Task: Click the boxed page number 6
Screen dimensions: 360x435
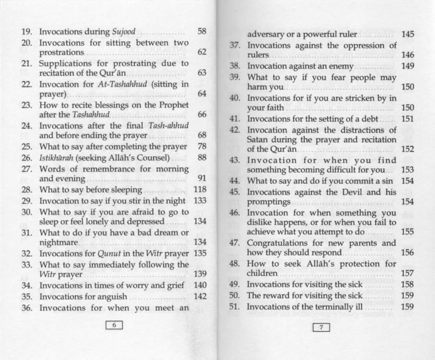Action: [x=114, y=325]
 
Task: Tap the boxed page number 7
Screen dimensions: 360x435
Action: [x=322, y=327]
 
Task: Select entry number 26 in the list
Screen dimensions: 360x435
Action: [x=26, y=158]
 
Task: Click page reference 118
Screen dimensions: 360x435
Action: [x=200, y=190]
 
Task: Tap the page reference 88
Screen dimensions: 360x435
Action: [x=202, y=158]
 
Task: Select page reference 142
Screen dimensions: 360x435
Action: [x=200, y=296]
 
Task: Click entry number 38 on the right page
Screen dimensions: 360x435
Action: [x=234, y=66]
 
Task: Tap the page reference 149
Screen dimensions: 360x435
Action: [x=408, y=66]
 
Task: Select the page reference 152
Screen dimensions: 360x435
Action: [x=408, y=149]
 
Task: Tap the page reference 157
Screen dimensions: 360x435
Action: [x=408, y=274]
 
